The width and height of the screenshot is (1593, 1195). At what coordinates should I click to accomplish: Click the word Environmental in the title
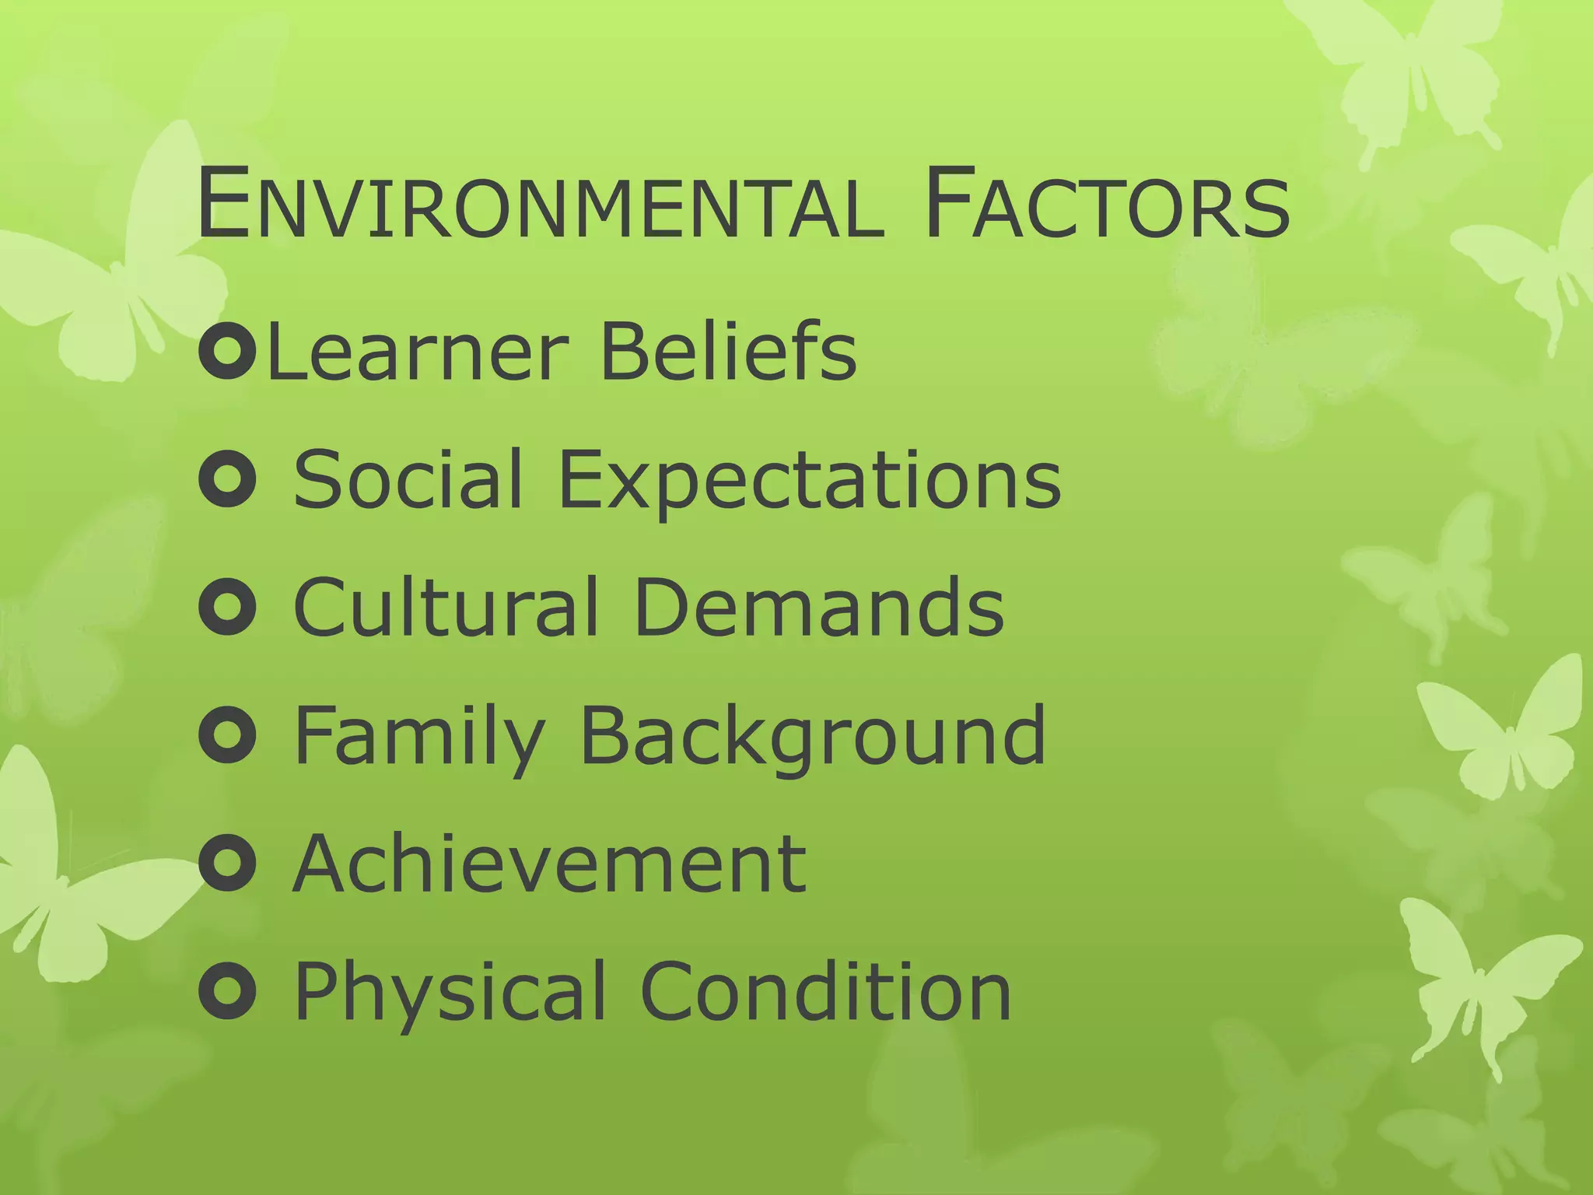pyautogui.click(x=541, y=206)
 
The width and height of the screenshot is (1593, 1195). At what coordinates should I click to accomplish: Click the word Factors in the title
pyautogui.click(x=1108, y=206)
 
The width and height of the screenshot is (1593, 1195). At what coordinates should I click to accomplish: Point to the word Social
pyautogui.click(x=407, y=479)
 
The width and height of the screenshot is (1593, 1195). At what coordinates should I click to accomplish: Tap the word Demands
pyautogui.click(x=819, y=607)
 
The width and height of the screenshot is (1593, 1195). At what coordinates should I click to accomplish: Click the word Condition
pyautogui.click(x=825, y=991)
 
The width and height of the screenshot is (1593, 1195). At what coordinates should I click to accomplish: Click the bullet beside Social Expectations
pyautogui.click(x=227, y=481)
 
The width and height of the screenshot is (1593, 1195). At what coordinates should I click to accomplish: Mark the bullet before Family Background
pyautogui.click(x=227, y=736)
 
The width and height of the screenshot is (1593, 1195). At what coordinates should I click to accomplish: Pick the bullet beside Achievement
pyautogui.click(x=227, y=864)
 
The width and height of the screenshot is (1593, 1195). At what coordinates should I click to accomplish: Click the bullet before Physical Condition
pyautogui.click(x=227, y=991)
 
